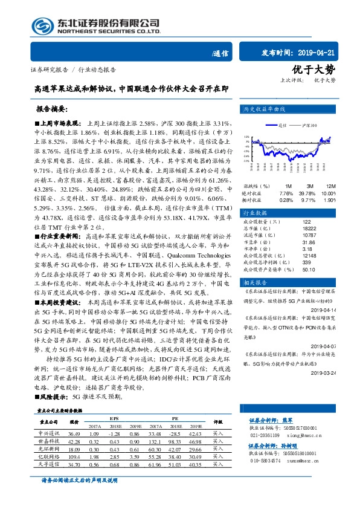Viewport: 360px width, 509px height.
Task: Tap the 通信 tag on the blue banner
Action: coord(221,53)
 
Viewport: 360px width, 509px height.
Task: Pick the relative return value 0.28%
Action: coord(286,199)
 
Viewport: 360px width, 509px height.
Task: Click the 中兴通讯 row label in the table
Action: coord(48,433)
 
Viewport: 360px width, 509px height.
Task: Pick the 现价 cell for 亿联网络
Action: coord(75,458)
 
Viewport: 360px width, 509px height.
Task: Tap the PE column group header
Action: coord(175,418)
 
